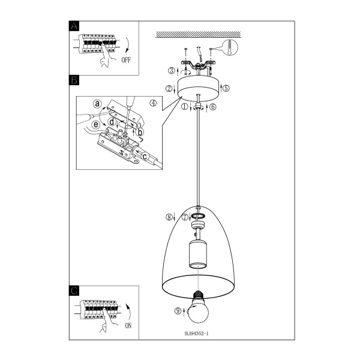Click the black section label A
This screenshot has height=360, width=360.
[74, 26]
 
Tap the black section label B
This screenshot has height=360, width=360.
[74, 80]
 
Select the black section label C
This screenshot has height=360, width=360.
[74, 290]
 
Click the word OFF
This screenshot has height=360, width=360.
[126, 60]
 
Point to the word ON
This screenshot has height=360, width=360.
[128, 325]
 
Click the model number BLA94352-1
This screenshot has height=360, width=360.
[197, 334]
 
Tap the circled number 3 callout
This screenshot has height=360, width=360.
[172, 70]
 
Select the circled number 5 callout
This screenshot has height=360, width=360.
[226, 88]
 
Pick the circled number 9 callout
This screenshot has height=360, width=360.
[178, 311]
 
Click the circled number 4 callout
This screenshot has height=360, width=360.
[153, 103]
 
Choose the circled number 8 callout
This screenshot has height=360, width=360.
[169, 217]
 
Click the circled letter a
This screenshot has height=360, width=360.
[97, 104]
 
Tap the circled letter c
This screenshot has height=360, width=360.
[145, 157]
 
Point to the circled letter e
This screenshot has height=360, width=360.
[96, 125]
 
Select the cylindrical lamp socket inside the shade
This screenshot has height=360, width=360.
[198, 254]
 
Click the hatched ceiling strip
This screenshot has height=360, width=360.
[198, 34]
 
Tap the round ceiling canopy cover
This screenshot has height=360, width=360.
[199, 89]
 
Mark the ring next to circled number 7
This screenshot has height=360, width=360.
[199, 216]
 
